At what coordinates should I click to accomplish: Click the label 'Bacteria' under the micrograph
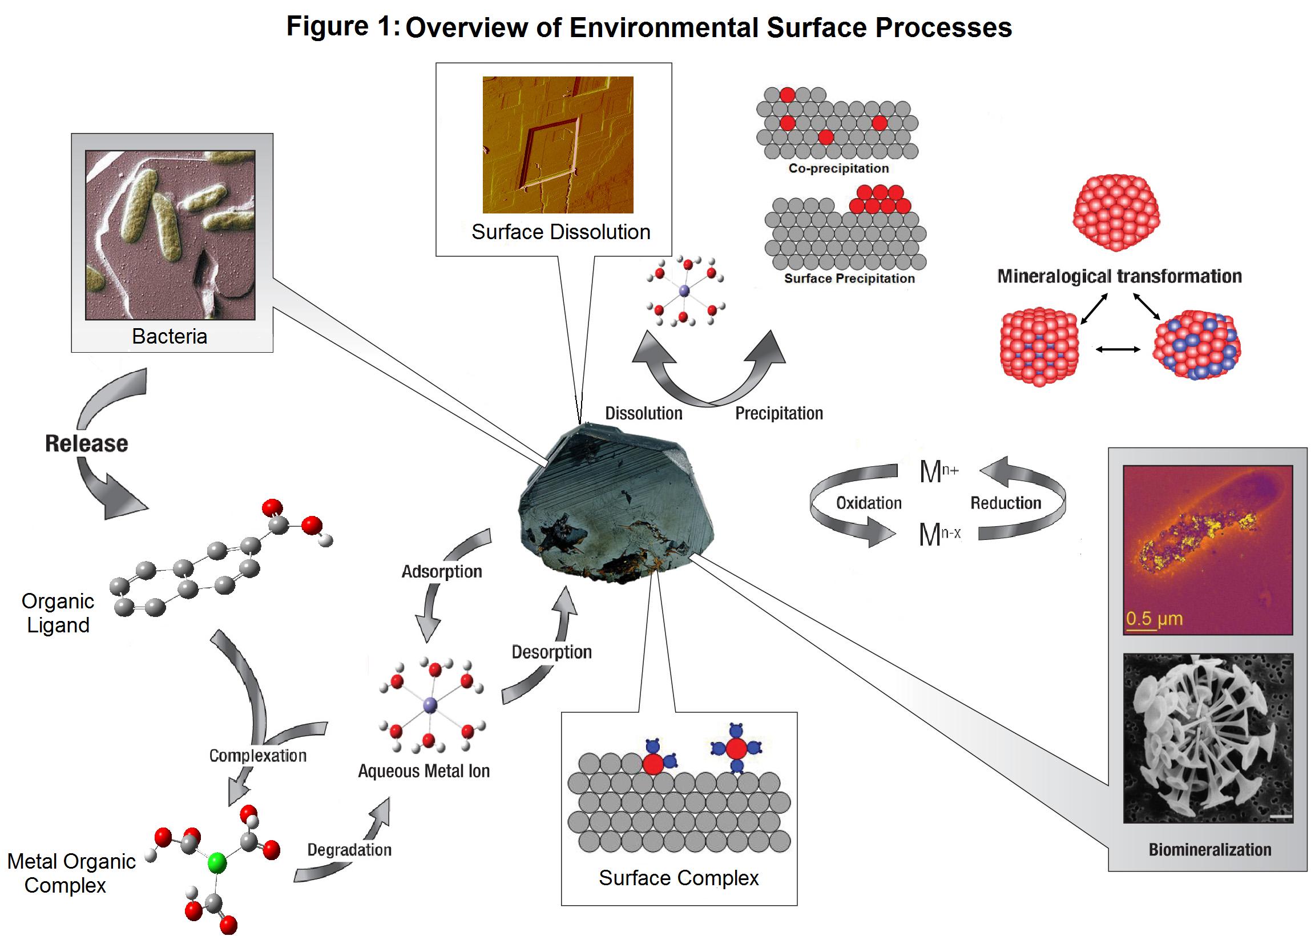(170, 336)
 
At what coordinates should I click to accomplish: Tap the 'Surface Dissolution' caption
(560, 232)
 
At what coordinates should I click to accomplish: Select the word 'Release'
(86, 443)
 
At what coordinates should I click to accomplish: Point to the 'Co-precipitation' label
(838, 168)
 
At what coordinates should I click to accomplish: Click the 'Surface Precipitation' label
(849, 279)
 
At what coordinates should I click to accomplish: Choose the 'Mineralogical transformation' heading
(1119, 276)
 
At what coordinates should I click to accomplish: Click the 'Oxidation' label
(869, 503)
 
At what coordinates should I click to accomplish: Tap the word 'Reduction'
(1006, 503)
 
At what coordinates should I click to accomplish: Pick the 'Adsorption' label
(441, 571)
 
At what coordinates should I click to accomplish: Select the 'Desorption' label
(551, 652)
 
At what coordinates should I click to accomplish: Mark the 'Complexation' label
(257, 756)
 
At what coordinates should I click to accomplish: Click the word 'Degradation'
(349, 850)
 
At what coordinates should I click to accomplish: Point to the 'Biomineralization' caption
(1209, 850)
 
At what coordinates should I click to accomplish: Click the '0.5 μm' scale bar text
(1154, 619)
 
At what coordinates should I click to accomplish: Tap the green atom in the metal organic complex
(217, 862)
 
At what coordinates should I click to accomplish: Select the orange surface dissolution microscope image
(558, 144)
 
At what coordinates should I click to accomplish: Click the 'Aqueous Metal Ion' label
(423, 771)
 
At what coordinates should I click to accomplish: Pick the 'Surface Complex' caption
(679, 878)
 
